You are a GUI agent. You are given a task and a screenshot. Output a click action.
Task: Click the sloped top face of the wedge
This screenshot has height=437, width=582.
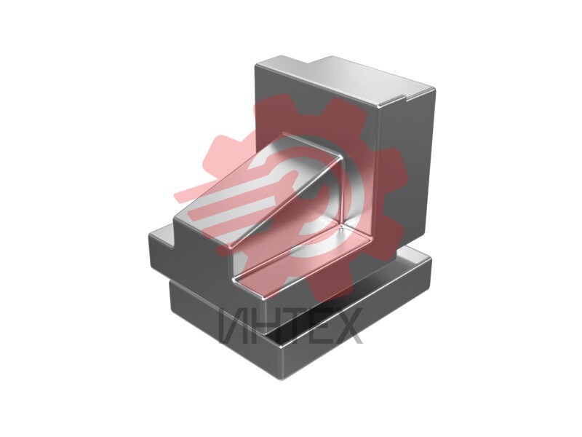[256, 190]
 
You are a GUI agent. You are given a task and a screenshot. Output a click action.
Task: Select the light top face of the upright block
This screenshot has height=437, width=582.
[345, 80]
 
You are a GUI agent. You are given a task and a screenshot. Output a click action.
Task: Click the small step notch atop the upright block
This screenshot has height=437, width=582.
[404, 98]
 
